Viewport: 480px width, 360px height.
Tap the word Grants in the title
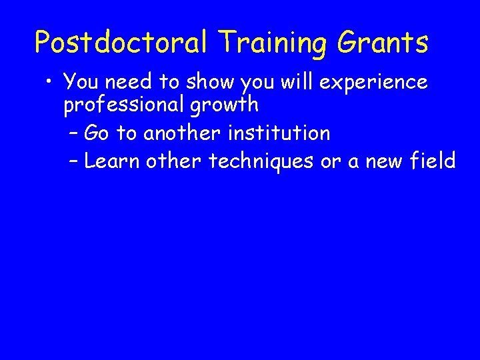pyautogui.click(x=383, y=43)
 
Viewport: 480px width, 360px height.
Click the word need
pyautogui.click(x=130, y=82)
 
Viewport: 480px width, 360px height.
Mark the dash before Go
pyautogui.click(x=73, y=133)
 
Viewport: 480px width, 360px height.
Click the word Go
pyautogui.click(x=97, y=133)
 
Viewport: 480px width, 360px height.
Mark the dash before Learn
pyautogui.click(x=73, y=161)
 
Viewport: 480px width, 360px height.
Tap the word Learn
pyautogui.click(x=111, y=161)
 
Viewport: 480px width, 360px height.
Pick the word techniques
pyautogui.click(x=261, y=161)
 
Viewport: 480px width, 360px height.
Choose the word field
pyautogui.click(x=431, y=161)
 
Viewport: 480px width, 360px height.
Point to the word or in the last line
pyautogui.click(x=331, y=161)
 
